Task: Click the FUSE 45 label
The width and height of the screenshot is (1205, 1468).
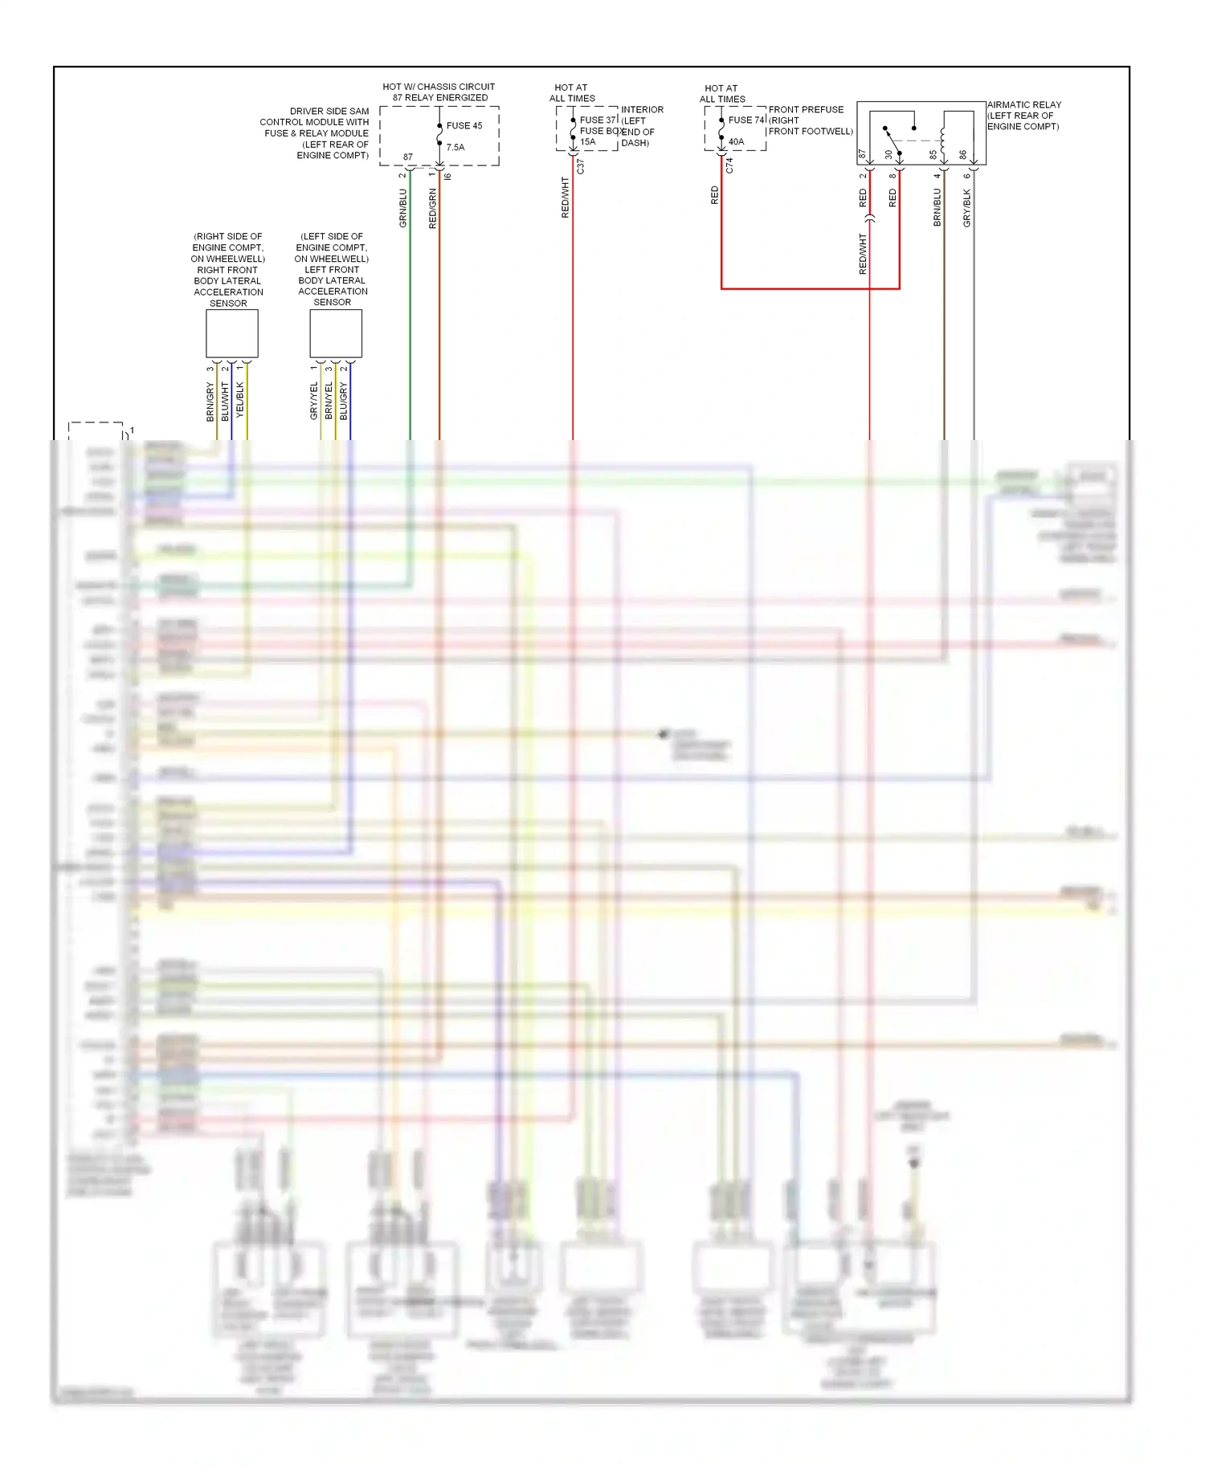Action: click(464, 126)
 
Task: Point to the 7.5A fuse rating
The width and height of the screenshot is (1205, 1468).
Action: click(455, 148)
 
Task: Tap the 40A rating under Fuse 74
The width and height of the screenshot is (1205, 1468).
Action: click(736, 142)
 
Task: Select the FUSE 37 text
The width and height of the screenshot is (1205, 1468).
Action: click(598, 120)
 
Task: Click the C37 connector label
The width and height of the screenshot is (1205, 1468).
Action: click(581, 166)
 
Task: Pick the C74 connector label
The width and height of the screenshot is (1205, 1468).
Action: click(729, 165)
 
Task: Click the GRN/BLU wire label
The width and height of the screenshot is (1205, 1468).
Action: click(403, 208)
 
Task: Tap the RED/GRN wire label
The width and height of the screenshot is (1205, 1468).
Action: click(433, 209)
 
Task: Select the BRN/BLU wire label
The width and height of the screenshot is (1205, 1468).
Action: click(937, 207)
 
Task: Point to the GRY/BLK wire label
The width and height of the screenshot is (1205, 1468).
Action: click(967, 207)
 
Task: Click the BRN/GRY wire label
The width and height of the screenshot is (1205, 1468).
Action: click(210, 402)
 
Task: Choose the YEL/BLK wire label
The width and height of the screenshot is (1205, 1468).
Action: click(240, 400)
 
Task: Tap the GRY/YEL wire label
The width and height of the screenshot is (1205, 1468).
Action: click(314, 401)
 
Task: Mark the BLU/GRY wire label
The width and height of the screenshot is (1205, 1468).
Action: click(344, 401)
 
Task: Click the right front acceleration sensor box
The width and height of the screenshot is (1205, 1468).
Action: click(232, 333)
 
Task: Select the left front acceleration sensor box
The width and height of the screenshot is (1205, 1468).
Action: click(336, 333)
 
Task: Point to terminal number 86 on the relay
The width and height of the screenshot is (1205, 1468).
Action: click(963, 154)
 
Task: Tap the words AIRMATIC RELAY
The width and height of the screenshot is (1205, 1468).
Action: click(1024, 105)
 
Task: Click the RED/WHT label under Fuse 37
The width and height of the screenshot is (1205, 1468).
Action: click(565, 198)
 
